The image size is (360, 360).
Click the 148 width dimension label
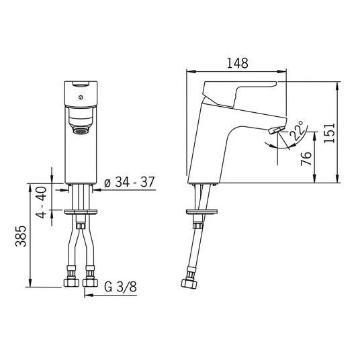(x=237, y=63)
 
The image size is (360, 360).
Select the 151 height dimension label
(x=330, y=133)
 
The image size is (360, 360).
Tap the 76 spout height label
(x=306, y=159)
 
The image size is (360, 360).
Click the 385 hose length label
(x=21, y=236)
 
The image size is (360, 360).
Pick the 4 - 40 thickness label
(x=41, y=202)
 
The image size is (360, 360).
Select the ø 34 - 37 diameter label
(x=129, y=182)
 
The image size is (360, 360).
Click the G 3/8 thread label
(x=120, y=287)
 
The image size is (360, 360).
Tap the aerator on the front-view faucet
(x=81, y=131)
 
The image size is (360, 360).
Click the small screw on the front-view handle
(x=81, y=97)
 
